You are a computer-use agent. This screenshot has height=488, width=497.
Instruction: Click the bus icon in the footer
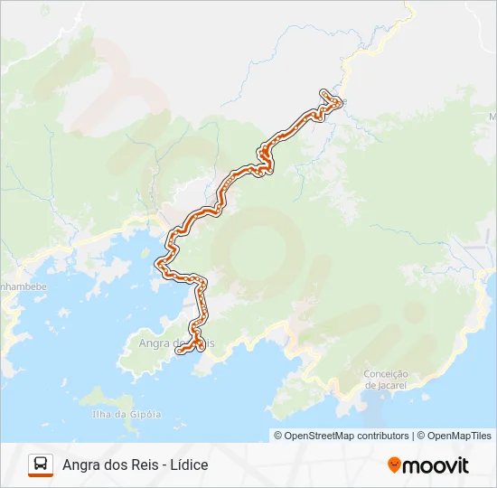coord(41,465)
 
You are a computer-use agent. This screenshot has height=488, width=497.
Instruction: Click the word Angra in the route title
coord(81,465)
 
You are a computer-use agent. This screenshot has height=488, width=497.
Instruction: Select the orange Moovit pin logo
coord(394,465)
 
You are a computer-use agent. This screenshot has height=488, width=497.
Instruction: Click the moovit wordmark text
coord(436,465)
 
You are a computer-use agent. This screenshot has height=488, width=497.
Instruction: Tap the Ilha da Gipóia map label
coord(127,415)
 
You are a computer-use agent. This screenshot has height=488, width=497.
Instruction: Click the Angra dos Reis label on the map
coord(175,343)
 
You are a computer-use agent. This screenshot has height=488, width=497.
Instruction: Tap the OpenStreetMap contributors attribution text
coord(342,436)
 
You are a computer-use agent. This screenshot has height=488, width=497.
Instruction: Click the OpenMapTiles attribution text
coord(458,436)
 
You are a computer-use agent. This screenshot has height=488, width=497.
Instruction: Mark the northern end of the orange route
coord(324,93)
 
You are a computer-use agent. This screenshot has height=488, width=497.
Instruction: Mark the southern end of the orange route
coord(181,350)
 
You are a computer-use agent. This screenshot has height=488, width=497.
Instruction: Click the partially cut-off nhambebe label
coord(23,286)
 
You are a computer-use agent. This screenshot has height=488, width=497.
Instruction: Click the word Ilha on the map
coord(102,415)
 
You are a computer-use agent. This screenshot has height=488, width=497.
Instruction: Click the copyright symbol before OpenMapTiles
coord(421,436)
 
